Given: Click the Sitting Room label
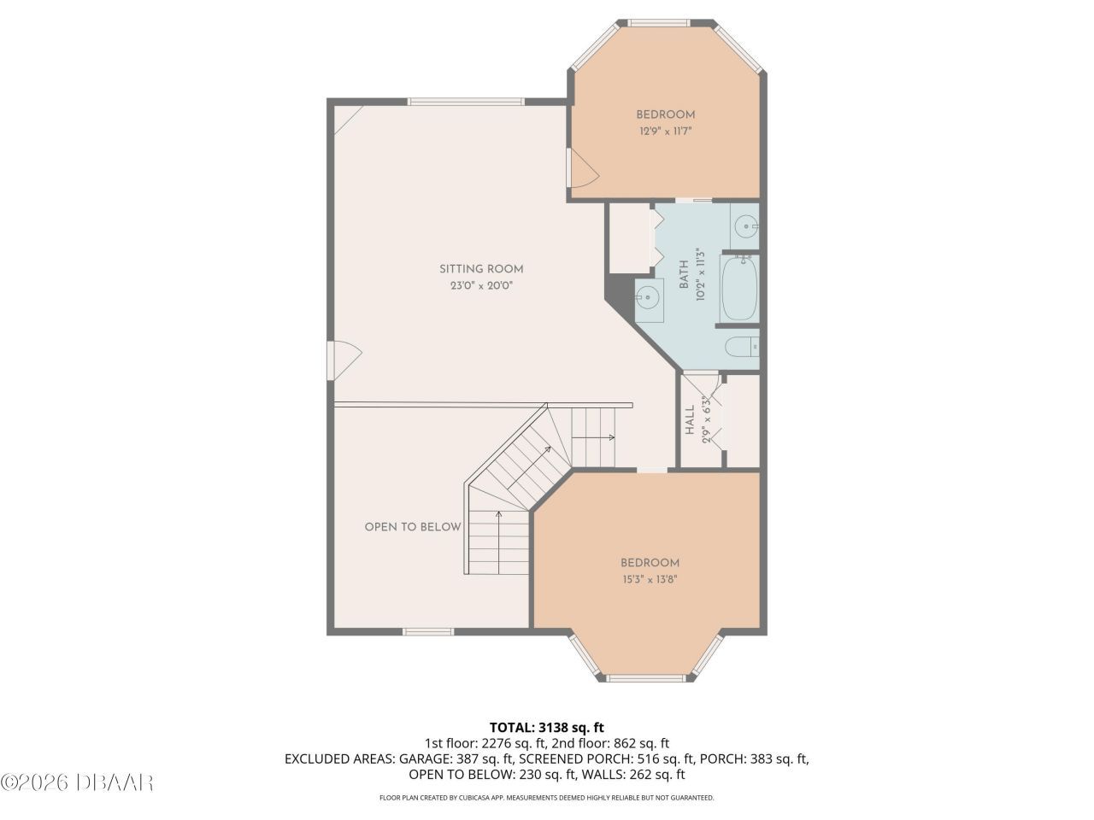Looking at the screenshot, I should pyautogui.click(x=481, y=269).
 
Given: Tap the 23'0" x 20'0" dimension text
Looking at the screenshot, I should pyautogui.click(x=481, y=286).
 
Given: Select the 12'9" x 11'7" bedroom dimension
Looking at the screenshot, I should pyautogui.click(x=665, y=132).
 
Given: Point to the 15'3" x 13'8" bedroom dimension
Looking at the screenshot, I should pyautogui.click(x=650, y=579).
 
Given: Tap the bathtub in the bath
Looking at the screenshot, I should pyautogui.click(x=739, y=289).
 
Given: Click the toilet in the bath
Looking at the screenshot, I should pyautogui.click(x=740, y=347).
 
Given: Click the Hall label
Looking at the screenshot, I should pyautogui.click(x=690, y=420).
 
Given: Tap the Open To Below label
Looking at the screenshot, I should pyautogui.click(x=413, y=527).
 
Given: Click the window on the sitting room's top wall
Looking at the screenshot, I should pyautogui.click(x=466, y=101).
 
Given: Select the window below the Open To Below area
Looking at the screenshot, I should pyautogui.click(x=428, y=632).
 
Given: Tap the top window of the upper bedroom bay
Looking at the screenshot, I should pyautogui.click(x=661, y=22).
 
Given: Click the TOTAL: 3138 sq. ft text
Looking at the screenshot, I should pyautogui.click(x=547, y=728).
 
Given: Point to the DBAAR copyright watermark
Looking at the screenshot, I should pyautogui.click(x=77, y=782).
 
